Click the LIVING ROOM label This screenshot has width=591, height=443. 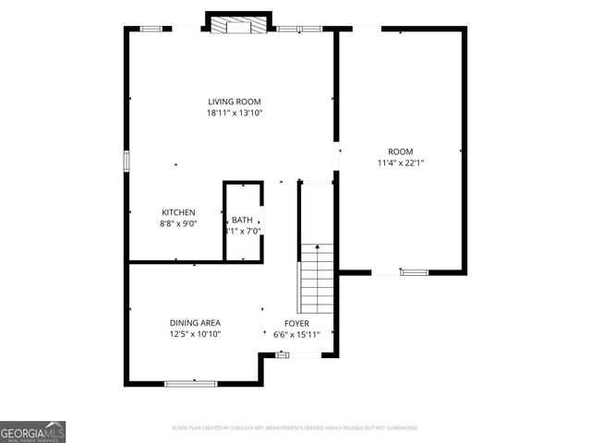234,102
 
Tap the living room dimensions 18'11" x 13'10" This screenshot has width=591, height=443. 234,114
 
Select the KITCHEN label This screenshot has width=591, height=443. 178,212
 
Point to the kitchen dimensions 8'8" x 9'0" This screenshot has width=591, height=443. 178,223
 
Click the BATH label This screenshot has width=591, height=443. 242,220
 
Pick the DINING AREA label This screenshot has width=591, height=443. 195,323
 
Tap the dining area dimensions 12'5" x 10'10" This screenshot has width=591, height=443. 195,334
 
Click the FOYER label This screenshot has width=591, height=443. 296,323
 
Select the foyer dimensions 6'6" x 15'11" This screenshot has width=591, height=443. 296,334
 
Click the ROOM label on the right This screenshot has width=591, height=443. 400,151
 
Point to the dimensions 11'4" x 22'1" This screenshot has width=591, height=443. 400,162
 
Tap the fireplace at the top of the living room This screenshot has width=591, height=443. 238,25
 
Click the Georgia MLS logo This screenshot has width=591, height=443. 33,431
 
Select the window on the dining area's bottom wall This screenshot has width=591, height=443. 190,382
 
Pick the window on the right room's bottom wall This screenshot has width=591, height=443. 414,272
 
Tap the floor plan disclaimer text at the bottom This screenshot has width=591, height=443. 295,428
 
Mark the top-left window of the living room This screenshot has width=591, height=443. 151,29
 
